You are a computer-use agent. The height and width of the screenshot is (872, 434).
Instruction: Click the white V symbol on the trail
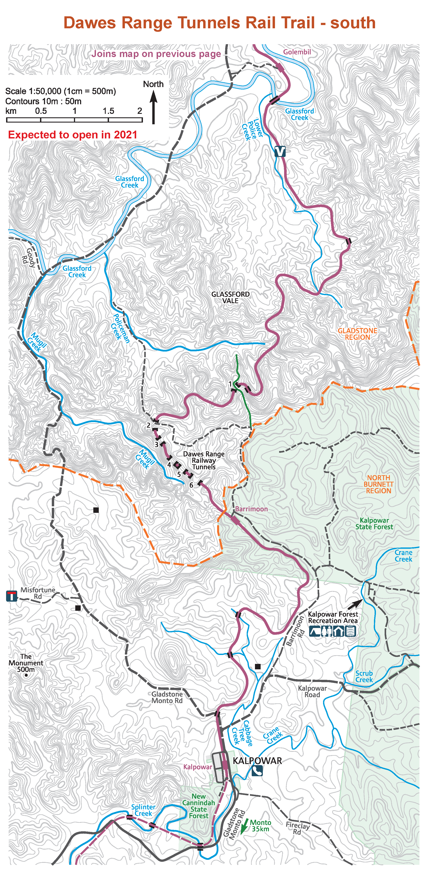(280, 151)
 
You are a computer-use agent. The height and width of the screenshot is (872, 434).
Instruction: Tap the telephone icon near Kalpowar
(257, 771)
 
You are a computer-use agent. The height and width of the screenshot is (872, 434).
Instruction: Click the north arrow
(154, 107)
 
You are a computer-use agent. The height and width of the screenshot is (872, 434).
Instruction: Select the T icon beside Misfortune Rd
(12, 596)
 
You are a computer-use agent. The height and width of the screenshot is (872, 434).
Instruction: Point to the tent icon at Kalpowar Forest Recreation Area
(315, 631)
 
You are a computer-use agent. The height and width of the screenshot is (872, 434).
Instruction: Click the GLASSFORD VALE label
(230, 297)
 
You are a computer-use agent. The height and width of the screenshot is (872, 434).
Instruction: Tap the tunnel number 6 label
(191, 485)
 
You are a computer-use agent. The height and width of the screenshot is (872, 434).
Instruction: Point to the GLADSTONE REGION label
(358, 334)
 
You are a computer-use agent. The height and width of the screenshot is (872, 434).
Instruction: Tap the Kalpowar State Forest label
(374, 523)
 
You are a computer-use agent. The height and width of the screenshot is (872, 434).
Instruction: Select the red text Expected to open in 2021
(73, 135)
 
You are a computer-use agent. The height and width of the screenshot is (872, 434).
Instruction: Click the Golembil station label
(297, 52)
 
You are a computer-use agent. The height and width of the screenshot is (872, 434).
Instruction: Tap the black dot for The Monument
(26, 675)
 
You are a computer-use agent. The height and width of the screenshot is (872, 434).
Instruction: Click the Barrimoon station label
(251, 509)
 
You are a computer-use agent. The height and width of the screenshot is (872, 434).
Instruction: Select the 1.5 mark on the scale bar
(108, 111)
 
